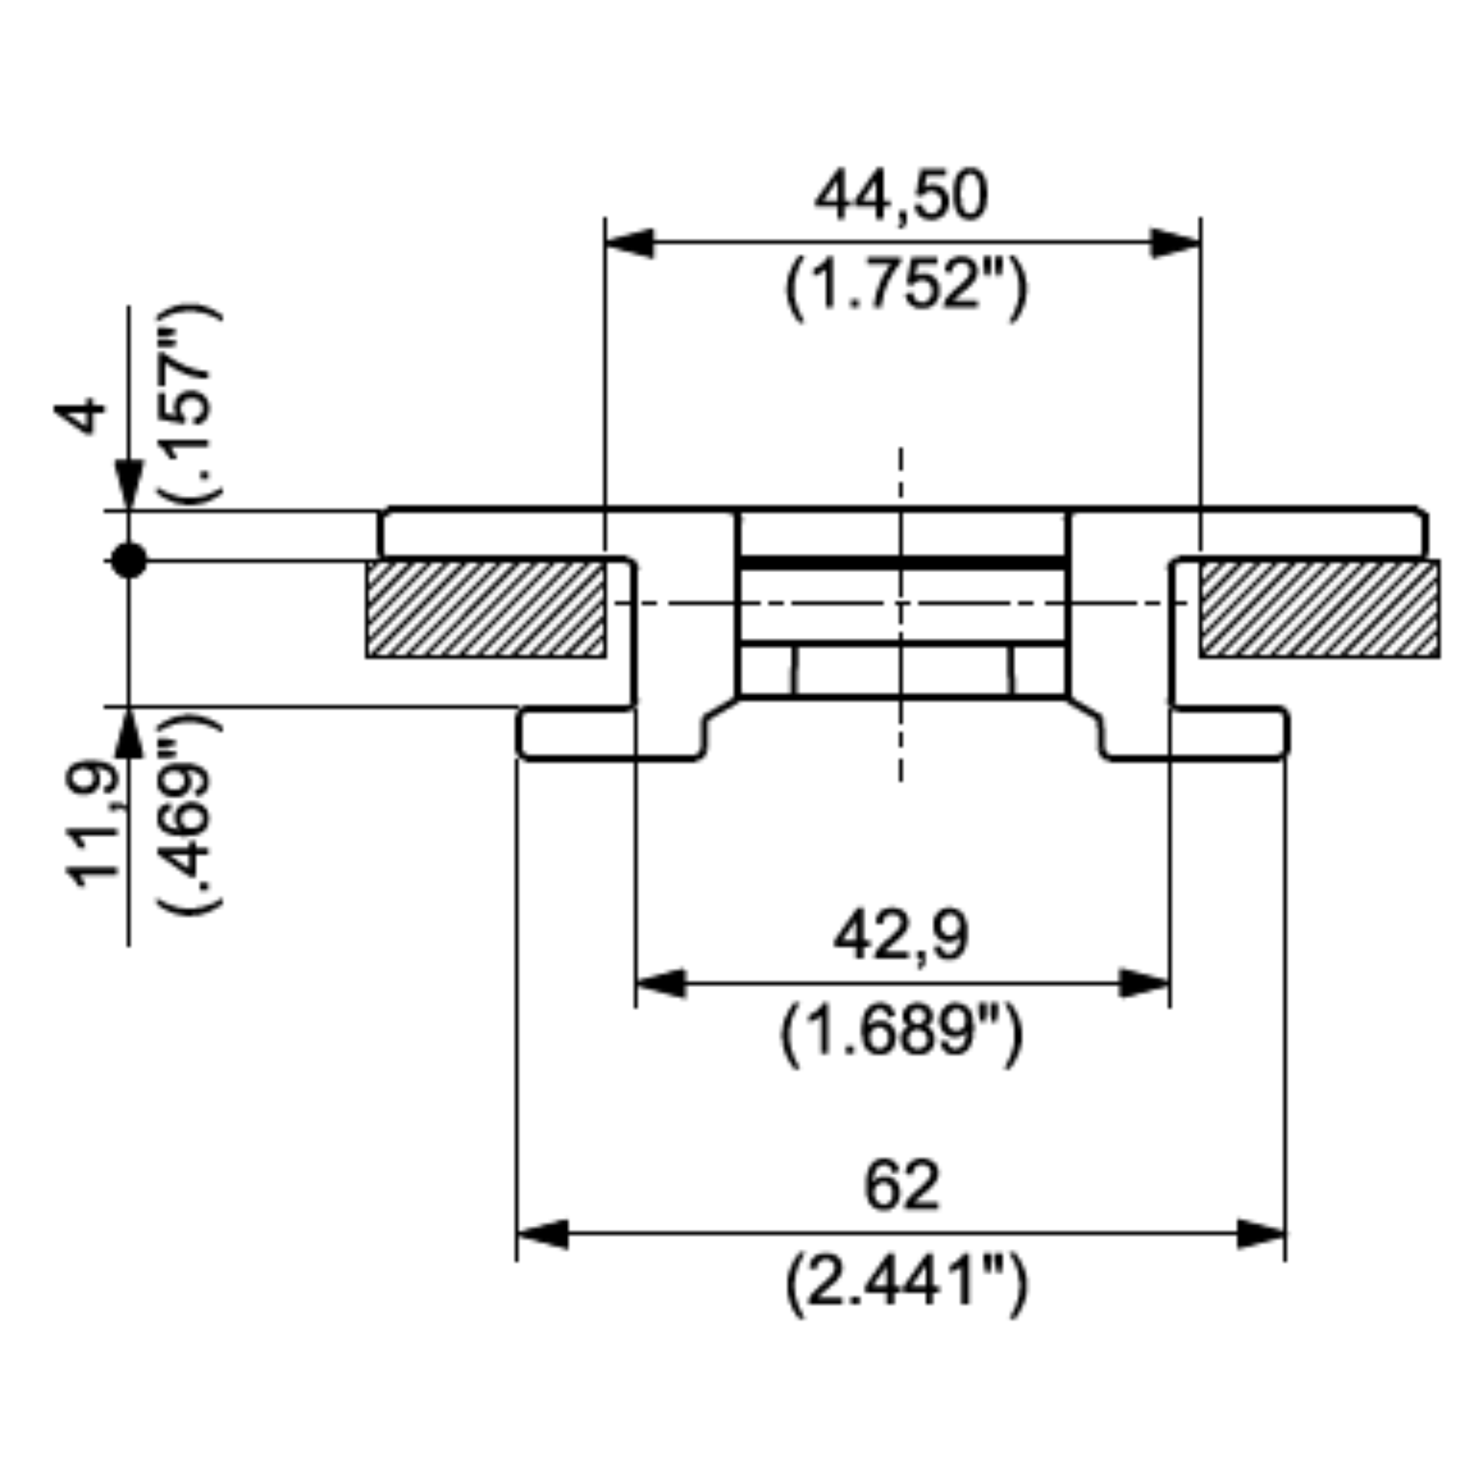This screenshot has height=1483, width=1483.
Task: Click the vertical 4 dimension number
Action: (x=80, y=417)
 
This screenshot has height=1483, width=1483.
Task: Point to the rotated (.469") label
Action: (x=189, y=815)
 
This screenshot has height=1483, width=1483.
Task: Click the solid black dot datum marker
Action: (x=128, y=560)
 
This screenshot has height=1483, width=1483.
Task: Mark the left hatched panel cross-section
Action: (x=485, y=609)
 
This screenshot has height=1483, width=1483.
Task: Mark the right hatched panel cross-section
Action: (x=1319, y=609)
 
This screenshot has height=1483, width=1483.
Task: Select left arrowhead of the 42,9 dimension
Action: (x=660, y=983)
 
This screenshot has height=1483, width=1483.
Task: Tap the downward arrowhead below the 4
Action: (x=129, y=484)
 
